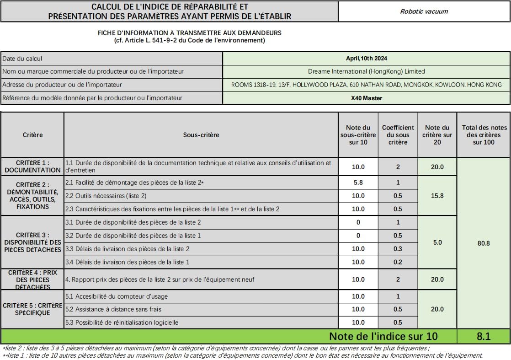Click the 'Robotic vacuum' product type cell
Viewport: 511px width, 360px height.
tap(424, 11)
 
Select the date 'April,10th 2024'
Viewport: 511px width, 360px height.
tap(367, 58)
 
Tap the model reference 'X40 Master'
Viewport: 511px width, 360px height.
tap(367, 98)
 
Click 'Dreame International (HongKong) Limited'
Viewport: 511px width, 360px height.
tap(367, 71)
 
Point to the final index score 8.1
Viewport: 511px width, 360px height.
tap(483, 336)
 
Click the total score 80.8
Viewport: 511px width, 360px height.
tap(483, 243)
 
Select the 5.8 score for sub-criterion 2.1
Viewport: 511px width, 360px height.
tap(358, 183)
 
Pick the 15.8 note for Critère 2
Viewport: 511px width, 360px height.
tap(437, 196)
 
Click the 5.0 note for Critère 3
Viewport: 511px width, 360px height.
tap(437, 242)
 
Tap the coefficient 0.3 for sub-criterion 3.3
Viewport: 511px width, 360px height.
tap(398, 249)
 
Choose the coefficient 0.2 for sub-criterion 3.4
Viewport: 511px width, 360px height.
tap(398, 262)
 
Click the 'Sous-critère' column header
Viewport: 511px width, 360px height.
tap(201, 135)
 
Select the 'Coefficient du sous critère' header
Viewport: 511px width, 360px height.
tap(398, 135)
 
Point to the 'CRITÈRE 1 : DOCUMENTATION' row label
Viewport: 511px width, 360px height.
tap(32, 167)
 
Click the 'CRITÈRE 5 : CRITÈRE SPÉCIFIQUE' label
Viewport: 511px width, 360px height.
tap(32, 309)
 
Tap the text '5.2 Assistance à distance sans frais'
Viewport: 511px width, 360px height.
tap(113, 309)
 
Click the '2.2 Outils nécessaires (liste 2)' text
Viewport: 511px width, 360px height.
tap(106, 196)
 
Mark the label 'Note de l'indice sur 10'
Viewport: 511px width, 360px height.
tap(383, 336)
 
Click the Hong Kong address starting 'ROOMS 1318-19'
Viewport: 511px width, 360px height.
tap(367, 85)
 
